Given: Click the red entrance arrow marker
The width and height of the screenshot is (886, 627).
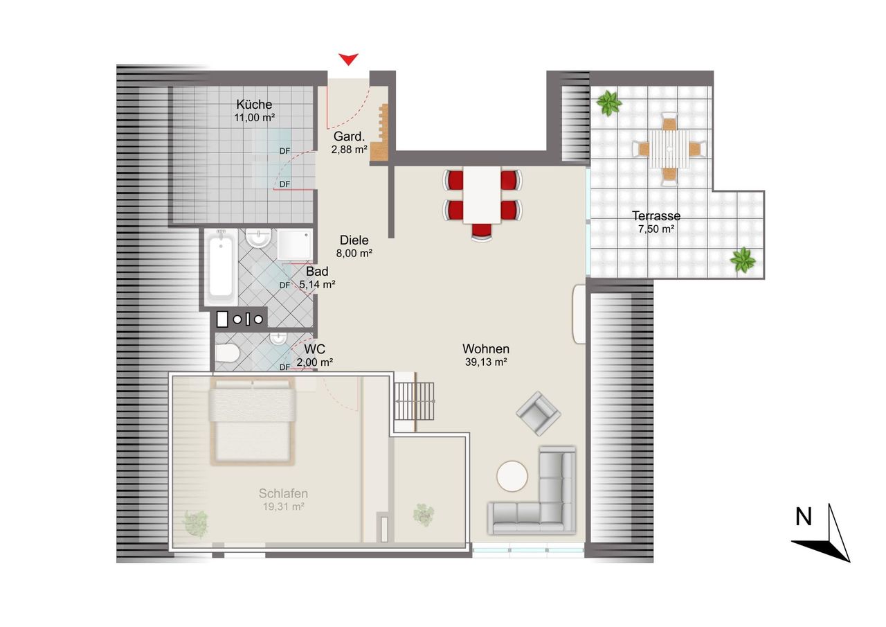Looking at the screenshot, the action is (348, 59).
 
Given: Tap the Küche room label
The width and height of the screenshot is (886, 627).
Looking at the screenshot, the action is (254, 105).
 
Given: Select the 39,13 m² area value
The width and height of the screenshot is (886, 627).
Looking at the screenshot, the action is (486, 362).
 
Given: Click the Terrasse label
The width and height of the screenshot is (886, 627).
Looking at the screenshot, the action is (656, 216).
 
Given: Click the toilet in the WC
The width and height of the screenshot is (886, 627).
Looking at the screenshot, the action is (228, 353).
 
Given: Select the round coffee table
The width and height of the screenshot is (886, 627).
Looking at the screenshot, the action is (512, 476).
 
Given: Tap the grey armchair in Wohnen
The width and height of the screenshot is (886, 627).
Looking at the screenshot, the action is (538, 414).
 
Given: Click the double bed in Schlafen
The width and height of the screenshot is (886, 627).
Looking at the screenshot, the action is (253, 421).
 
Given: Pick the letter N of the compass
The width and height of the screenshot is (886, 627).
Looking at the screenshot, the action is (804, 517).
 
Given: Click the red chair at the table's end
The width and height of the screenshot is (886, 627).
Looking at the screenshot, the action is (481, 232).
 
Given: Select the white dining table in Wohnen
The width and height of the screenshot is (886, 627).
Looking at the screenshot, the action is (482, 195).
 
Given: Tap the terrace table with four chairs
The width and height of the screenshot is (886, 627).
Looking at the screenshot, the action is (669, 149).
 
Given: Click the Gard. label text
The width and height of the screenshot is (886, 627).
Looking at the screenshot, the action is (349, 136).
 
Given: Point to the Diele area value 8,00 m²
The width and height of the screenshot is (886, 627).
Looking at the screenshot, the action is (354, 254).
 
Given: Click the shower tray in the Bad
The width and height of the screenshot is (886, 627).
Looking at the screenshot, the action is (295, 244).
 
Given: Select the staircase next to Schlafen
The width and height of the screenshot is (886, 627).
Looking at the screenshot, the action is (414, 401).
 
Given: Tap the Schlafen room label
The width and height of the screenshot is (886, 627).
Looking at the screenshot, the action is (283, 493).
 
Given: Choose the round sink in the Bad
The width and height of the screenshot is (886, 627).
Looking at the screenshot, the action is (258, 238).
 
